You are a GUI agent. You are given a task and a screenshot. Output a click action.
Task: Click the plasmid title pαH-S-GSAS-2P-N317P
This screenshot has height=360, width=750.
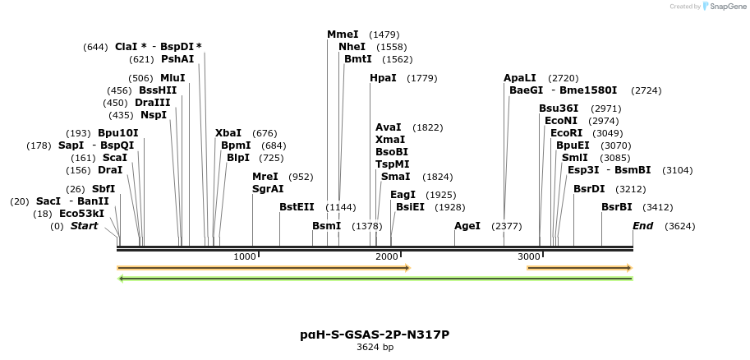pos(375,335)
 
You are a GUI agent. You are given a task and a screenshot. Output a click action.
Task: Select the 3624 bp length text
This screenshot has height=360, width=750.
pos(375,348)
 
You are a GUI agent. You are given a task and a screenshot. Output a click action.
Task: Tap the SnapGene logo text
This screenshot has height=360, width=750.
pos(723,7)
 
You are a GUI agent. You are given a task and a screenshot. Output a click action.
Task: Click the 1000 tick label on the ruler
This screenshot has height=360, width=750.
pos(246,257)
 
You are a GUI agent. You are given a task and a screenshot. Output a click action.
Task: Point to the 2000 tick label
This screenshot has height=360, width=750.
pos(387,257)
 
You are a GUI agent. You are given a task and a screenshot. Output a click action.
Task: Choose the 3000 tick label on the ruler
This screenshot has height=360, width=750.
pos(528,257)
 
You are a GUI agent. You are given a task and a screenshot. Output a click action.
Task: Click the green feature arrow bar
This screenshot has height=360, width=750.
pos(375,279)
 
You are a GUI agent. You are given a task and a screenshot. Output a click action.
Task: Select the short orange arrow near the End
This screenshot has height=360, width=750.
pos(579,268)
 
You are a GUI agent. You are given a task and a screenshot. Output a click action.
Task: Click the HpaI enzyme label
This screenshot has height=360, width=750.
pos(383,78)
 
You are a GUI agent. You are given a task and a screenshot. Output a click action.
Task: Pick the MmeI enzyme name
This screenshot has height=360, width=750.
pos(343,35)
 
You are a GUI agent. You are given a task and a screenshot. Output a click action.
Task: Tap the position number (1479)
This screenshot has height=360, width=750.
pos(384,35)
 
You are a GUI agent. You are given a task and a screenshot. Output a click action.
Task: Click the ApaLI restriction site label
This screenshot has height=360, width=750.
pos(520,78)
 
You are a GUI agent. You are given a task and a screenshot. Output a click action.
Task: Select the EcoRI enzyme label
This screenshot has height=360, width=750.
pos(566,133)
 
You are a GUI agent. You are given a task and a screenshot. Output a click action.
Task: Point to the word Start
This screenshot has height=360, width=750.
pos(84,226)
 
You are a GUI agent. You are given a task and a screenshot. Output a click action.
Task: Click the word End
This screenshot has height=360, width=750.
pos(643,226)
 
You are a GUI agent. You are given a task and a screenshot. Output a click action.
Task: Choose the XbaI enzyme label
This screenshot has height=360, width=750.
pos(228,133)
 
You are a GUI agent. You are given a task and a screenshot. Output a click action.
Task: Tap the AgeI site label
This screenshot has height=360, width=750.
pos(467,226)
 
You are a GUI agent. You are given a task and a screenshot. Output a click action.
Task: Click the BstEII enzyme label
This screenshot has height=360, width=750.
pos(297,207)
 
